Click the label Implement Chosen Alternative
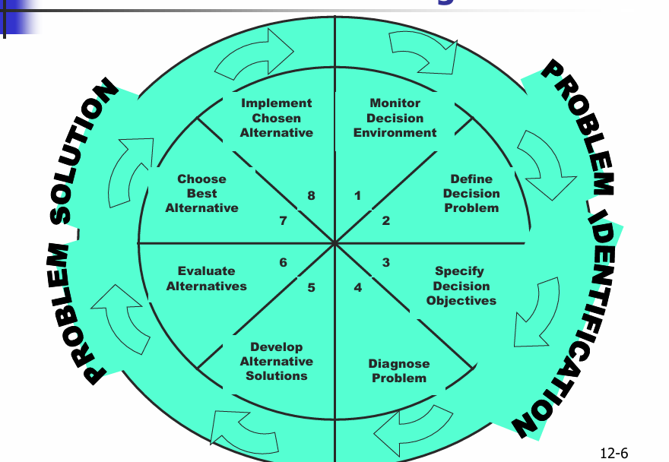click(x=277, y=118)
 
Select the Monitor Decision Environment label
click(x=395, y=118)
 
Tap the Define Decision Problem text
click(x=471, y=193)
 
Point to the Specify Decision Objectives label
click(x=461, y=286)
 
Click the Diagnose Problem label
click(x=399, y=371)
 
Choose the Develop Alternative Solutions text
click(x=277, y=361)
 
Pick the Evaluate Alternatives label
click(x=207, y=278)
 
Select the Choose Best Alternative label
click(x=202, y=193)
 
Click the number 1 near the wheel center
click(x=357, y=196)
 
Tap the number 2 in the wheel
click(x=386, y=221)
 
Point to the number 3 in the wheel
click(x=386, y=263)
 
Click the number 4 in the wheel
click(x=357, y=288)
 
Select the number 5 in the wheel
click(x=311, y=288)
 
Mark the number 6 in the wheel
click(x=283, y=263)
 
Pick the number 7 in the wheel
click(x=283, y=221)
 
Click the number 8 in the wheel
click(x=311, y=196)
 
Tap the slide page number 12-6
click(x=614, y=454)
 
